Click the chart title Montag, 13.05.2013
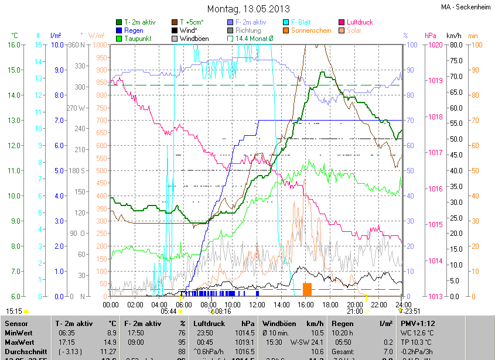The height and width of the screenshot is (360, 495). click(x=248, y=9)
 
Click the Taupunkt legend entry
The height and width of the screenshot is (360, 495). click(x=138, y=39)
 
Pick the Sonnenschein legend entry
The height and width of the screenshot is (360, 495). click(x=310, y=30)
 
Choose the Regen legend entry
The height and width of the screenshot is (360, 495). click(x=134, y=30)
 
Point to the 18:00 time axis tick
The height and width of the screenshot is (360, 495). click(x=330, y=305)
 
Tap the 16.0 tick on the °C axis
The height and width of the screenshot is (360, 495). click(x=13, y=44)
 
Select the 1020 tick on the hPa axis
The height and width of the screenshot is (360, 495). click(x=436, y=44)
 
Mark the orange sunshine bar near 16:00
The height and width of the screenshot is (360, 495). click(x=307, y=289)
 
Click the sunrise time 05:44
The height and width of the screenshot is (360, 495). click(x=169, y=311)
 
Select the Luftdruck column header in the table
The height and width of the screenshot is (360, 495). click(x=209, y=323)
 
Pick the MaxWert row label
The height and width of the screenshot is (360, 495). click(x=21, y=342)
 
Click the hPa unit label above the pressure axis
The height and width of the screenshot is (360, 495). click(x=431, y=36)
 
